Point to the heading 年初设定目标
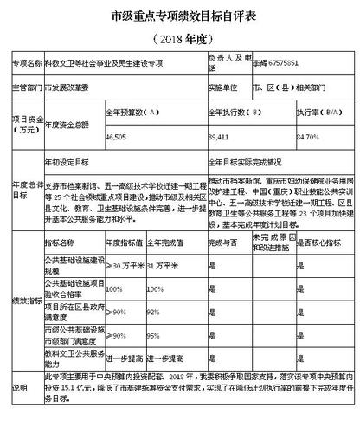coord(66,162)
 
